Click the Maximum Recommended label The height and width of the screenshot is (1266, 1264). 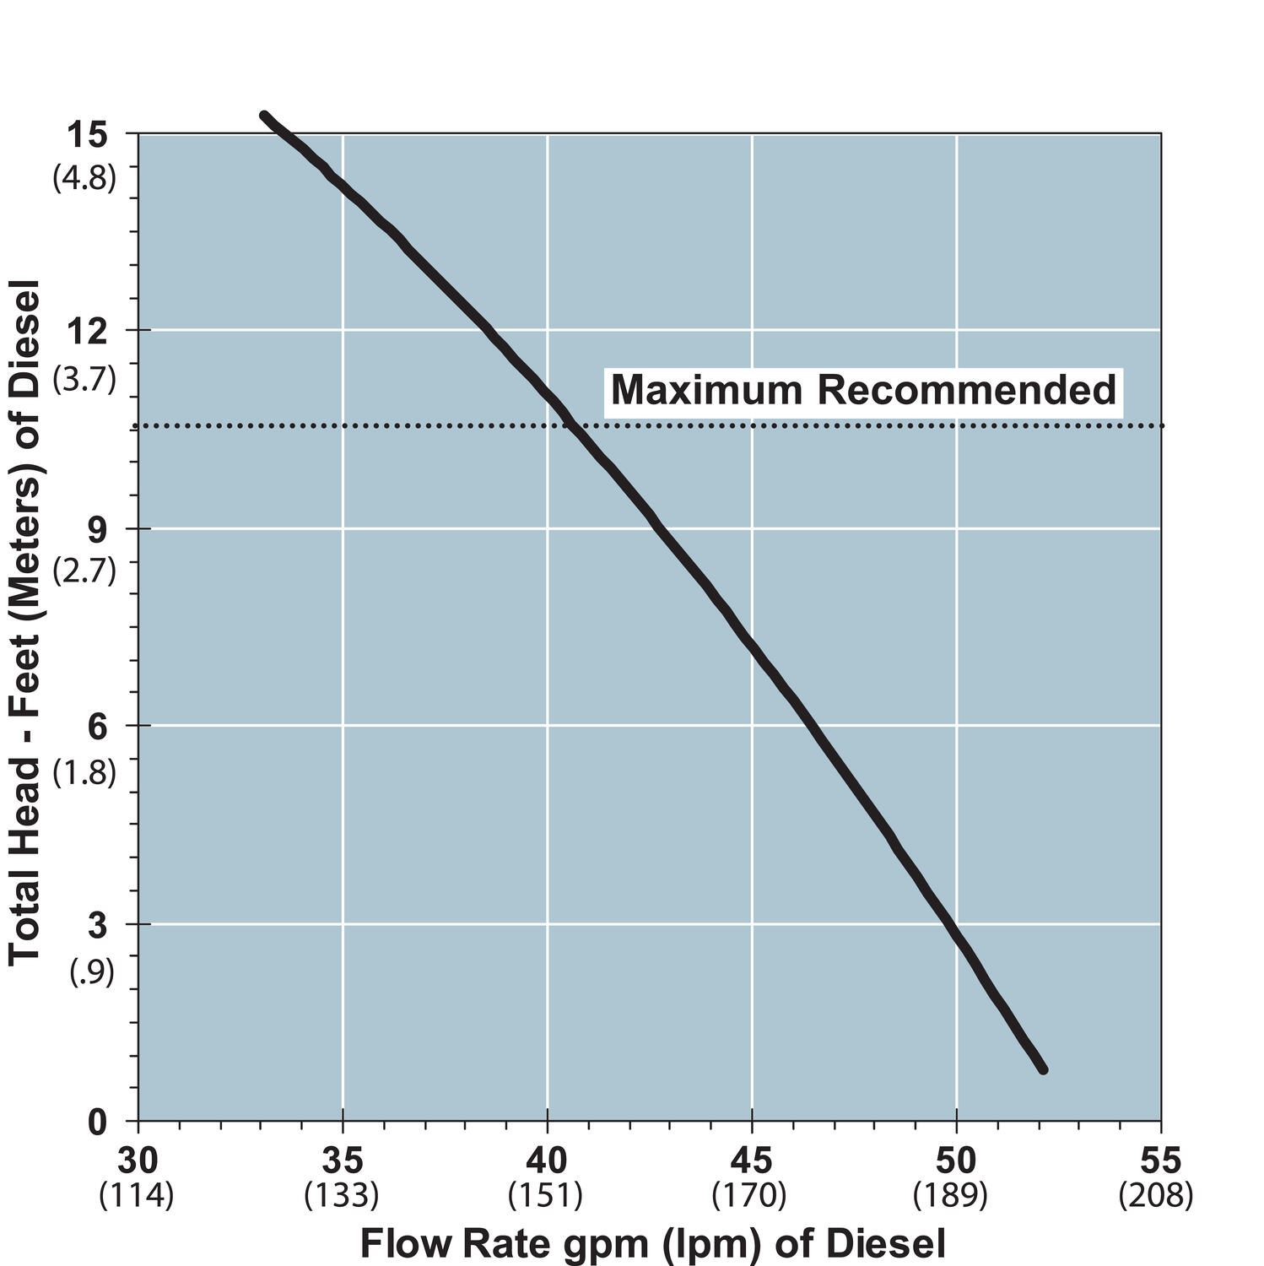(863, 391)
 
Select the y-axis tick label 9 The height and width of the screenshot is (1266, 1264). (98, 530)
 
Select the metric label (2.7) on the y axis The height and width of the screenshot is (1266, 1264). (84, 571)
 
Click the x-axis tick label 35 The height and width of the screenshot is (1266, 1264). (343, 1161)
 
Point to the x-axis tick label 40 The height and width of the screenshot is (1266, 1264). (547, 1161)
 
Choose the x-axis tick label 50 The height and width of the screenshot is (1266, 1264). (956, 1161)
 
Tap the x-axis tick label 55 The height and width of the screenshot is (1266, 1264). (1161, 1161)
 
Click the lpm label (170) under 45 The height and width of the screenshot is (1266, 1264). (749, 1196)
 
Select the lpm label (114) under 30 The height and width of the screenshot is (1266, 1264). (137, 1196)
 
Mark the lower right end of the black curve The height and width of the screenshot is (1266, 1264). (1043, 1069)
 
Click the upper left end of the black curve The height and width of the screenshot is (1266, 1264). (264, 116)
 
